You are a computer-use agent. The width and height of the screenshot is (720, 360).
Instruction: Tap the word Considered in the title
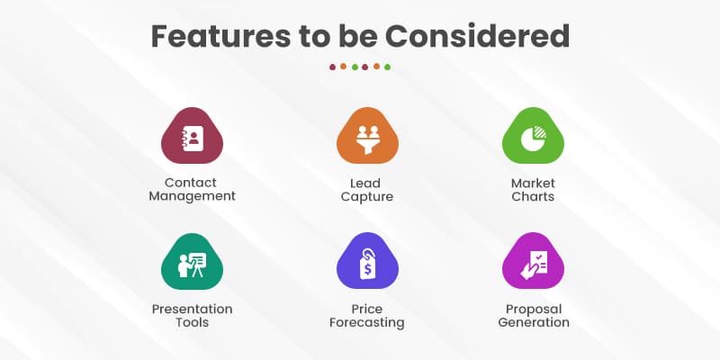[x=478, y=35]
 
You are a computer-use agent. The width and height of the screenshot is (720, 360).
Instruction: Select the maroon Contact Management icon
[x=192, y=138]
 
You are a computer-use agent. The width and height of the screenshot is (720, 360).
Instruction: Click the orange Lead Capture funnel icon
[x=366, y=138]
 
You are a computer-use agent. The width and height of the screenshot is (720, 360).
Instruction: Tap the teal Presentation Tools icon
[x=192, y=264]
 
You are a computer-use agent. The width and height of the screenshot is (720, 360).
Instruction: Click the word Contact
[x=192, y=183]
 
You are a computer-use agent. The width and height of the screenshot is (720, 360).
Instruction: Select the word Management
[x=192, y=196]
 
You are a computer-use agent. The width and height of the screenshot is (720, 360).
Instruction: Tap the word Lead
[x=366, y=183]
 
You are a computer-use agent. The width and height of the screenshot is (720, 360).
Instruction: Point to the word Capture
[x=366, y=196]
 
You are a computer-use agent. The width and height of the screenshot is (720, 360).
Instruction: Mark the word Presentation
[x=192, y=309]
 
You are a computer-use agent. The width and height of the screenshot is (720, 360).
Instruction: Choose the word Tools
[x=192, y=322]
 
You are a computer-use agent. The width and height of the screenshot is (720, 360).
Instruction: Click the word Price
[x=366, y=309]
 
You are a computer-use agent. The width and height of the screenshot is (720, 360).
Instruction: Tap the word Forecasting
[x=366, y=322]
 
